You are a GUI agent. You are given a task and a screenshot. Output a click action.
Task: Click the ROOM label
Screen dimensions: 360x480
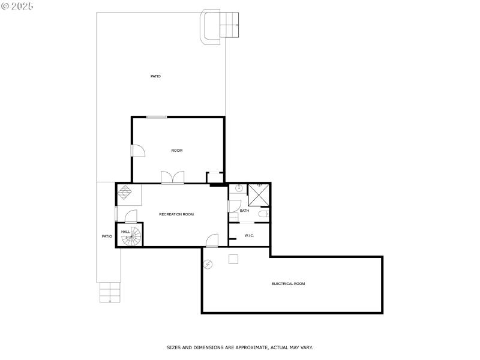pos(176,150)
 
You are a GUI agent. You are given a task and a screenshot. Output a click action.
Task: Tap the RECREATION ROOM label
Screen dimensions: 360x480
pos(176,214)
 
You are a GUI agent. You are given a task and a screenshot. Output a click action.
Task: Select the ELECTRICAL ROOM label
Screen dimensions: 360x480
pos(288,283)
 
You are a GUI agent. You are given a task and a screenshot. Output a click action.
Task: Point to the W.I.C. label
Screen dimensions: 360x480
pos(249,235)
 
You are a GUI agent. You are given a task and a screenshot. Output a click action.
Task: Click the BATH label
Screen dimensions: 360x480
pos(244,211)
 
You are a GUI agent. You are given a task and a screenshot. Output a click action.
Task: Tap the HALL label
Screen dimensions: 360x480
pos(125,232)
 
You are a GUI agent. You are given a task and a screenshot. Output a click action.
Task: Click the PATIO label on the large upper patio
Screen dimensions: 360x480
pos(155,76)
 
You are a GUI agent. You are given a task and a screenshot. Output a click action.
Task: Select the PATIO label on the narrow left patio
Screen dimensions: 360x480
pos(107,236)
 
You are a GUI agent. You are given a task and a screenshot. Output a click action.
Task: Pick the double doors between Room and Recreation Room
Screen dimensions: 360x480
pos(173,178)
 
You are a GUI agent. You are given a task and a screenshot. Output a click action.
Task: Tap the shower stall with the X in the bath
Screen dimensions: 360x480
pos(259,195)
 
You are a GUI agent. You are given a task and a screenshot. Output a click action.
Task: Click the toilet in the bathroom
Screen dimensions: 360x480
pos(263,214)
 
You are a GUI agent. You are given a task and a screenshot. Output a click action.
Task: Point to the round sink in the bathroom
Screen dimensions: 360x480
pos(239,188)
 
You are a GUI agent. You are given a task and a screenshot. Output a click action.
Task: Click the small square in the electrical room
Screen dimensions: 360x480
pos(233,259)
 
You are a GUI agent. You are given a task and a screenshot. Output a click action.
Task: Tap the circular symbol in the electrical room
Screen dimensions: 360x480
pos(208,264)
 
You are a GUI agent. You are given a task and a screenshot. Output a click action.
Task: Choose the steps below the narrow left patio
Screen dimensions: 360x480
pos(110,292)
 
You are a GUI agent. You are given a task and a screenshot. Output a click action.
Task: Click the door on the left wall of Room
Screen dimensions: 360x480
pos(137,150)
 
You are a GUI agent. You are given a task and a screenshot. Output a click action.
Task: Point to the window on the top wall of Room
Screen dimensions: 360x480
pos(157,117)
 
